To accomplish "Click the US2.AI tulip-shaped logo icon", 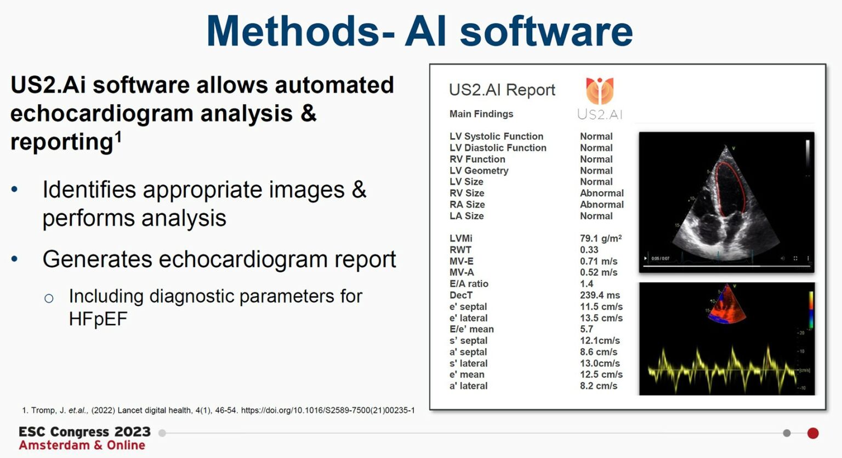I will pyautogui.click(x=600, y=90).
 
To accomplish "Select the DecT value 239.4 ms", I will pyautogui.click(x=600, y=295).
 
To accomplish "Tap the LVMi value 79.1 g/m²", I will pyautogui.click(x=601, y=238).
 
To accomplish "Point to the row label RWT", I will pyautogui.click(x=460, y=250).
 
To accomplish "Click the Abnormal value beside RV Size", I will pyautogui.click(x=601, y=193).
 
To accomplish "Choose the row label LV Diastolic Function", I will pyautogui.click(x=498, y=148).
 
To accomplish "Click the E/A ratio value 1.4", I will pyautogui.click(x=587, y=284).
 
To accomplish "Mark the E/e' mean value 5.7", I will pyautogui.click(x=587, y=329).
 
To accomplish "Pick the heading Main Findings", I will pyautogui.click(x=481, y=114).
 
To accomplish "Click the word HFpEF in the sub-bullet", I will pyautogui.click(x=98, y=319).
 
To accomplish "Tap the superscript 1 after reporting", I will pyautogui.click(x=118, y=136).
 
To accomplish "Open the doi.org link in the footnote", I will pyautogui.click(x=328, y=410).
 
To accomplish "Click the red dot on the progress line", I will pyautogui.click(x=813, y=433).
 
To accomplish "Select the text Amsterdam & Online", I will pyautogui.click(x=82, y=445).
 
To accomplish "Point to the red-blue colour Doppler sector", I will pyautogui.click(x=726, y=304).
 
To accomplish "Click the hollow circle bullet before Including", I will pyautogui.click(x=49, y=298).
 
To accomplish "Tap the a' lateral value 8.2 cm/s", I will pyautogui.click(x=599, y=386).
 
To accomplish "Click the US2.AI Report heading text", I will pyautogui.click(x=502, y=90).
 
